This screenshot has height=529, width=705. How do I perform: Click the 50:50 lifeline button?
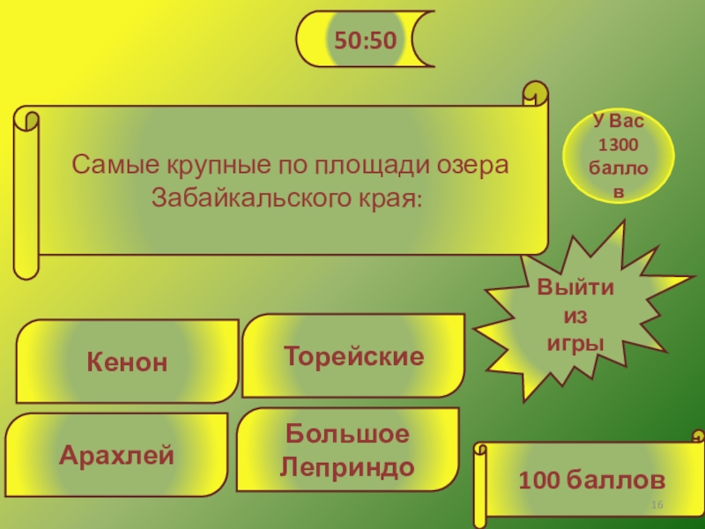click(x=364, y=39)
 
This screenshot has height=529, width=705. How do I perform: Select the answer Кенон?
click(x=126, y=361)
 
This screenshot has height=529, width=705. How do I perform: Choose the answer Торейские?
click(x=353, y=356)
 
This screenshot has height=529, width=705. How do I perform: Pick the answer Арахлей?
click(x=116, y=456)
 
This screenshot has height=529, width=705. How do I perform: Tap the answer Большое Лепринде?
click(x=347, y=451)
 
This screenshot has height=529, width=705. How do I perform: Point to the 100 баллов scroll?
click(x=590, y=481)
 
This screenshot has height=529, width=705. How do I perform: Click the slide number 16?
click(x=657, y=503)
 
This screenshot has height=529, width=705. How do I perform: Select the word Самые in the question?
click(x=105, y=165)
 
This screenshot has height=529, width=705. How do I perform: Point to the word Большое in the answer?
click(x=347, y=436)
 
